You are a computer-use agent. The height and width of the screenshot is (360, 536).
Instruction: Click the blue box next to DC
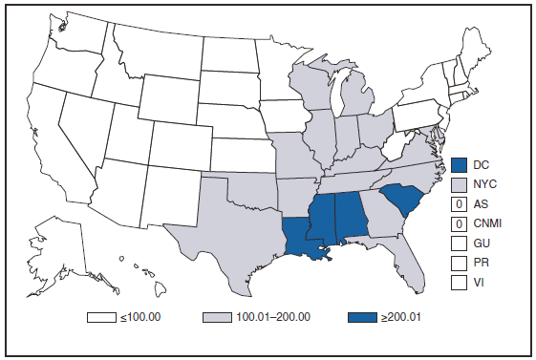pyautogui.click(x=460, y=165)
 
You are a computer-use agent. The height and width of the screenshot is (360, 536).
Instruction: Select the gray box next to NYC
pyautogui.click(x=460, y=184)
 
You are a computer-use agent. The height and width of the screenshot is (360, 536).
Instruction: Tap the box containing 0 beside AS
pyautogui.click(x=460, y=204)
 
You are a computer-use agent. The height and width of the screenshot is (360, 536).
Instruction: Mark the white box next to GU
pyautogui.click(x=460, y=244)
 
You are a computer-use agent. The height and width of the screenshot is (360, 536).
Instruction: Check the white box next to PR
pyautogui.click(x=460, y=263)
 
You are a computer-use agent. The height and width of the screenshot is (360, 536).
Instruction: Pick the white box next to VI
pyautogui.click(x=460, y=282)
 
